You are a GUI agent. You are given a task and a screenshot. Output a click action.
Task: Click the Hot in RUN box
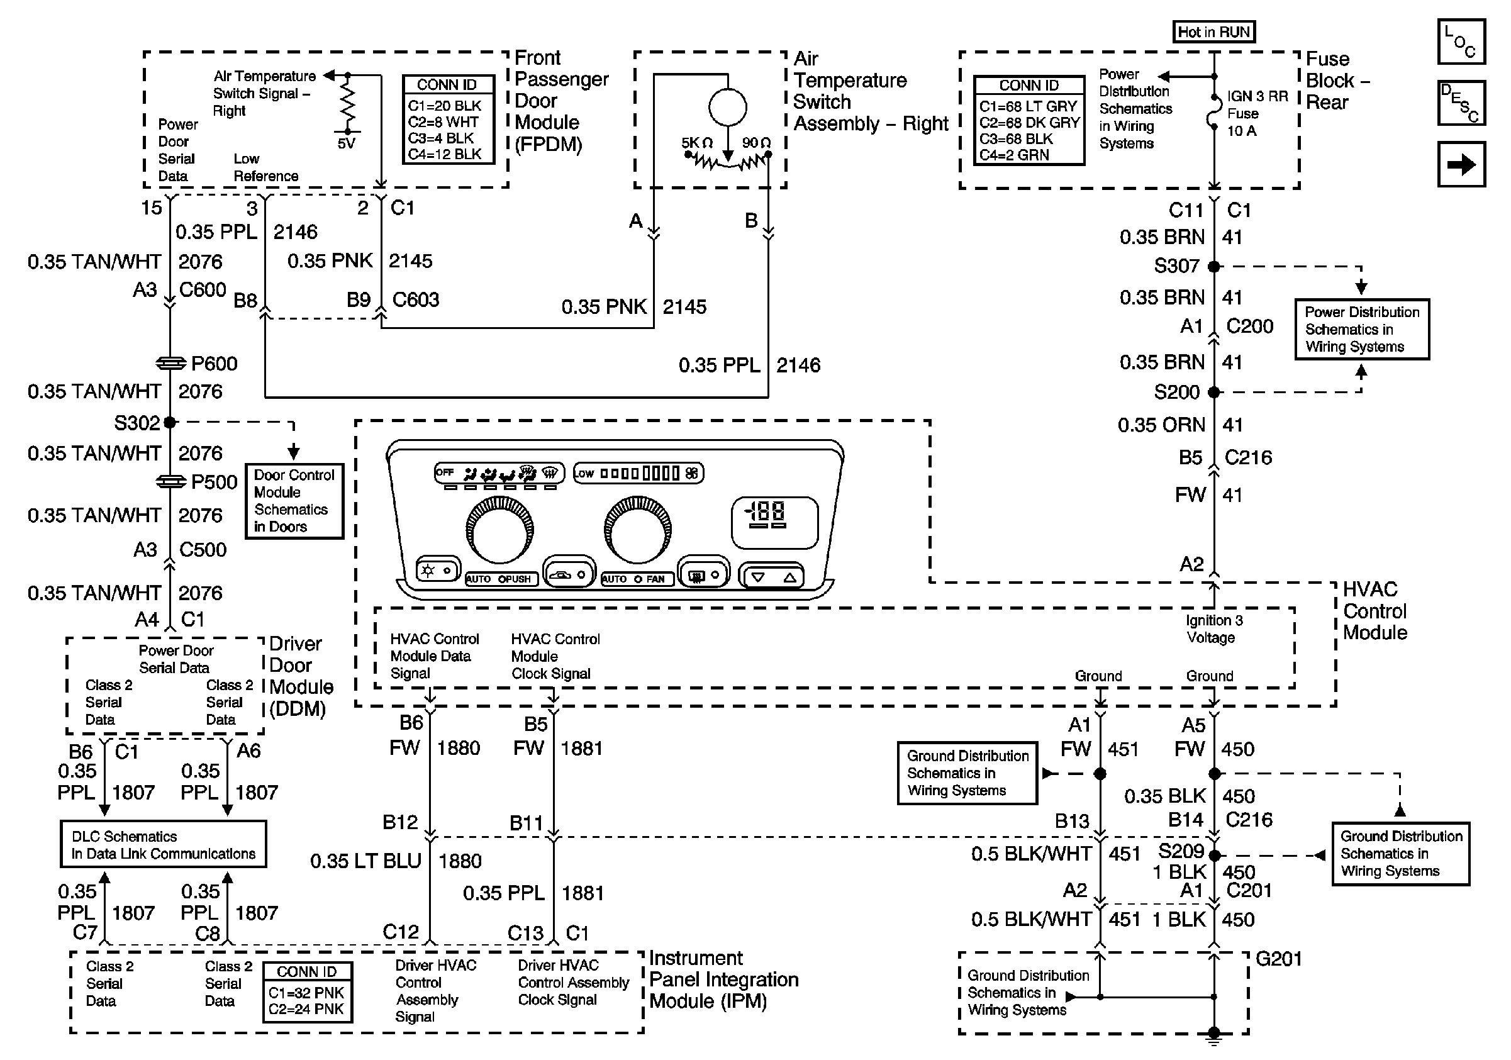point(1213,31)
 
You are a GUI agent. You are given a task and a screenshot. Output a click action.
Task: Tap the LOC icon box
point(1461,42)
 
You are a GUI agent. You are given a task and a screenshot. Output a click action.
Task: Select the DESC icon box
point(1461,103)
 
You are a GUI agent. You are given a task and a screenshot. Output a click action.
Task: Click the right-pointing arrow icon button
point(1461,164)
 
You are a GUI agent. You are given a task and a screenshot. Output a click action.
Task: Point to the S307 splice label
point(1177,266)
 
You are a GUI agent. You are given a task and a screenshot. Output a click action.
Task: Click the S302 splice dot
point(170,422)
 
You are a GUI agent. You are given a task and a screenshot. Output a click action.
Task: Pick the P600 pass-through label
point(214,363)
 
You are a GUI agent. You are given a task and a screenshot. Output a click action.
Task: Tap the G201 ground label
point(1279,959)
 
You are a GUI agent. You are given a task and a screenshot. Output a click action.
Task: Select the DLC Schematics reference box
point(163,845)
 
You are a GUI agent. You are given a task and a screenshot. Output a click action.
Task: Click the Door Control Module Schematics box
point(294,501)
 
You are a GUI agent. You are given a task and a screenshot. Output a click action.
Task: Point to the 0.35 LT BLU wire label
point(365,861)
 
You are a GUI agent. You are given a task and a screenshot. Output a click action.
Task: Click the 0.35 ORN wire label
point(1161,425)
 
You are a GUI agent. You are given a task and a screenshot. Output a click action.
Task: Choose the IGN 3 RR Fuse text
point(1257,113)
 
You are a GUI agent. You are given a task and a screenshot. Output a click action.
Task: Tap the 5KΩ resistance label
point(697,143)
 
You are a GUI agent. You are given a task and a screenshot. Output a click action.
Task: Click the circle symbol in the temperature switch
point(727,107)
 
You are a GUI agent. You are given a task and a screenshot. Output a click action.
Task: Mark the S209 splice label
point(1181,851)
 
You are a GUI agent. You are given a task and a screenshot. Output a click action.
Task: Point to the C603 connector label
point(415,300)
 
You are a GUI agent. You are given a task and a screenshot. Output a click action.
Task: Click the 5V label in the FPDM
point(346,143)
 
